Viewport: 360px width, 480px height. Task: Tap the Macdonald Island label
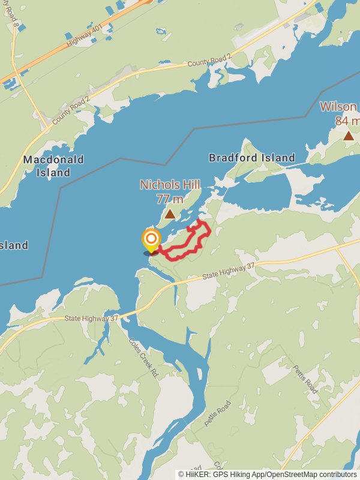[x=53, y=166]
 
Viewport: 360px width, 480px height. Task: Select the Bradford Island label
[x=252, y=158]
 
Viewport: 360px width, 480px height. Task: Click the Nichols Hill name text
[x=170, y=185]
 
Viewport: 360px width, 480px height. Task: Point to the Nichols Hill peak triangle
[x=170, y=214]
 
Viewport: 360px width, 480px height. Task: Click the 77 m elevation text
[x=170, y=199]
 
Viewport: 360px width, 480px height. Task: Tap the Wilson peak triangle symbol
[x=349, y=136]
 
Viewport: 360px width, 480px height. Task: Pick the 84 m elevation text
[x=347, y=121]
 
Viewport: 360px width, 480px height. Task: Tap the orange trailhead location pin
[x=151, y=241]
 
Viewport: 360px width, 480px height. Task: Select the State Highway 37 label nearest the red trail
[x=229, y=271]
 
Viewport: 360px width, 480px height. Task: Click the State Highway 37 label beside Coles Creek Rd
[x=92, y=319]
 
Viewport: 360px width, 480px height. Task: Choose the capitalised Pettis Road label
[x=305, y=378]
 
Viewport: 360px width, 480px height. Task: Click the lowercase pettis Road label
[x=217, y=413]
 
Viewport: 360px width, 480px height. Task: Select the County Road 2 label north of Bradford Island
[x=209, y=61]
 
